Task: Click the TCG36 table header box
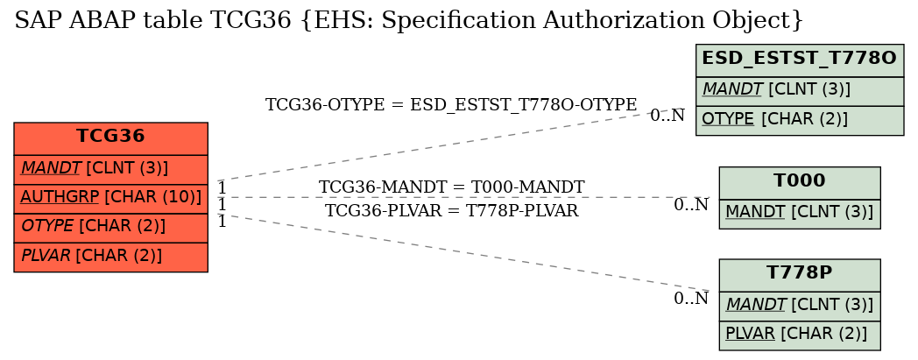110,138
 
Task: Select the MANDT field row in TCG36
110,170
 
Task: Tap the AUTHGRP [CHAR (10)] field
110,199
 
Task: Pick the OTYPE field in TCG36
110,229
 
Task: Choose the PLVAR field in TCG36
110,258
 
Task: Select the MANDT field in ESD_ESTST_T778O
800,91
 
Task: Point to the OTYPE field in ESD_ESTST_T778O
800,121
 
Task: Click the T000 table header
800,183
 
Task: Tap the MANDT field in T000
800,214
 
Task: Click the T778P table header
800,275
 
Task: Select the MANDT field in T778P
800,307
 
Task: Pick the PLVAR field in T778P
800,335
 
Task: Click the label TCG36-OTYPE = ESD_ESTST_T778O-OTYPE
451,105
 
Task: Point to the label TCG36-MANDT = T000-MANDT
451,187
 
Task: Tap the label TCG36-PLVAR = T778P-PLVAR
451,211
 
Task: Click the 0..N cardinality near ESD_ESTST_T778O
667,116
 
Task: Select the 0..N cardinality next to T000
691,205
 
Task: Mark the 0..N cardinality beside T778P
691,299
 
